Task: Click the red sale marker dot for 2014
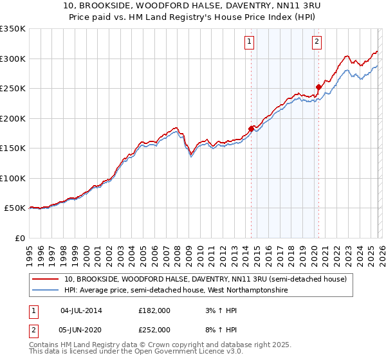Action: click(251, 127)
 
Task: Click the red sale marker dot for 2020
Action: click(318, 86)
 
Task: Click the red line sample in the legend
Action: click(45, 279)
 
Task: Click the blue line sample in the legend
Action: click(45, 291)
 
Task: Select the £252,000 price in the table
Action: click(154, 330)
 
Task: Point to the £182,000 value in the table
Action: click(154, 310)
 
